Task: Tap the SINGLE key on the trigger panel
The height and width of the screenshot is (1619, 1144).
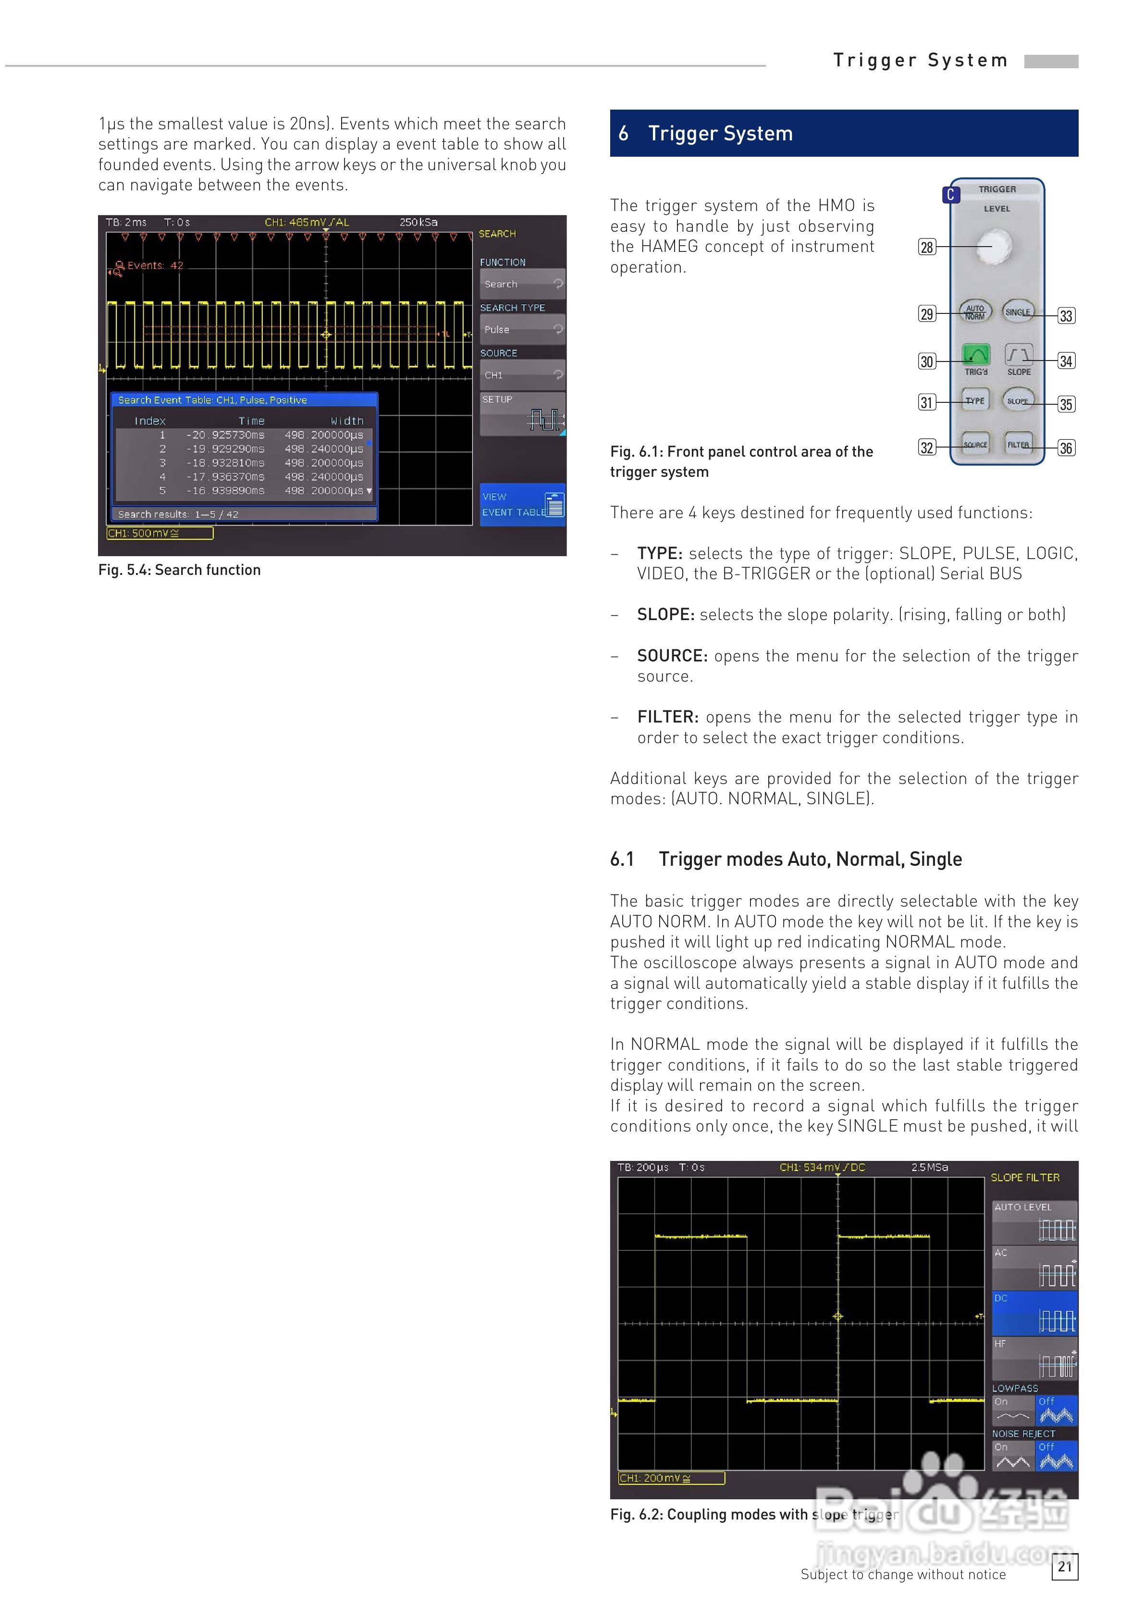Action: point(1018,311)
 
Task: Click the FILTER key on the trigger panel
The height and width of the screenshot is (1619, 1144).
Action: point(1019,444)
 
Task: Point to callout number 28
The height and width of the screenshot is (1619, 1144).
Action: point(927,247)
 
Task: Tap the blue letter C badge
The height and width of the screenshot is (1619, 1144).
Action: point(950,195)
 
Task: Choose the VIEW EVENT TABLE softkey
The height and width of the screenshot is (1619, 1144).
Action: point(522,505)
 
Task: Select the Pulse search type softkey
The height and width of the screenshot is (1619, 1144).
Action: point(522,329)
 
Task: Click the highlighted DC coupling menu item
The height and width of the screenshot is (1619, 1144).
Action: point(1034,1312)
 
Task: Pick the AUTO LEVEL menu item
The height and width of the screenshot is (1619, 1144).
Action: point(1034,1222)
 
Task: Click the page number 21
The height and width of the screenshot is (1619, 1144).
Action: point(1064,1566)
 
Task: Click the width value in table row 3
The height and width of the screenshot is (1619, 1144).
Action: point(323,462)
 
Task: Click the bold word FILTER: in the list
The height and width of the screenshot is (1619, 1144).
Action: point(667,717)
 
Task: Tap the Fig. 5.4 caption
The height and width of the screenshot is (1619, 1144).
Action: point(179,570)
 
